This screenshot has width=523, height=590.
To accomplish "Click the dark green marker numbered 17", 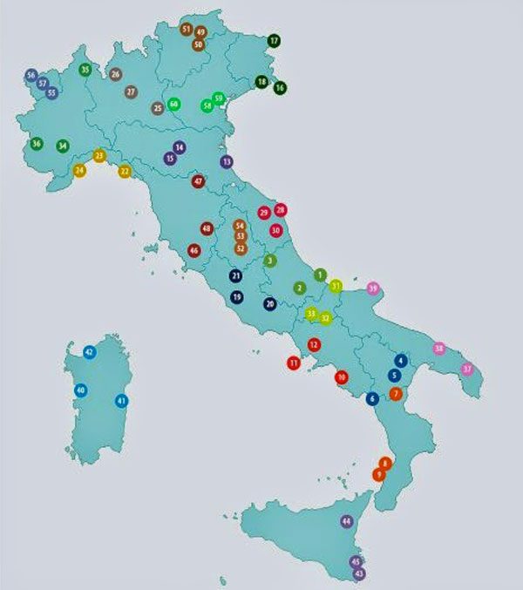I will pyautogui.click(x=274, y=40).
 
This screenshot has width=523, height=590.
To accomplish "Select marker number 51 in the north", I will pyautogui.click(x=186, y=29).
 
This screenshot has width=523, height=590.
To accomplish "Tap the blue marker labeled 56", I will pyautogui.click(x=31, y=75).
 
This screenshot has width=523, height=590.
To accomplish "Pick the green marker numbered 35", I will pyautogui.click(x=85, y=70).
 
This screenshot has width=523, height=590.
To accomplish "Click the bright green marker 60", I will pyautogui.click(x=173, y=104).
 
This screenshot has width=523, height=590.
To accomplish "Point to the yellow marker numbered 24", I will pyautogui.click(x=80, y=170).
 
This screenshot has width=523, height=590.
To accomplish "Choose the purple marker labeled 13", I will pyautogui.click(x=227, y=161).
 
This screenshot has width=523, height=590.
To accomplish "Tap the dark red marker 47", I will pyautogui.click(x=199, y=181).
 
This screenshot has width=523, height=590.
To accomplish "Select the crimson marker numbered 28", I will pyautogui.click(x=281, y=209).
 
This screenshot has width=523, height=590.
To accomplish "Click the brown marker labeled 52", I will pyautogui.click(x=241, y=248).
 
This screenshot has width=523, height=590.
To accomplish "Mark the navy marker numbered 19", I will pyautogui.click(x=237, y=297).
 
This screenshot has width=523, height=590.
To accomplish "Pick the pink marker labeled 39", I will pyautogui.click(x=373, y=288).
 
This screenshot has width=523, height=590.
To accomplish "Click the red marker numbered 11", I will pyautogui.click(x=294, y=363).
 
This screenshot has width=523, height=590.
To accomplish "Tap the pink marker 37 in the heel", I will pyautogui.click(x=467, y=369).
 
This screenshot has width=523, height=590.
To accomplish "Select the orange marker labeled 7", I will pyautogui.click(x=397, y=394).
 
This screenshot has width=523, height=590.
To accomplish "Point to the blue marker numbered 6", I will pyautogui.click(x=372, y=398).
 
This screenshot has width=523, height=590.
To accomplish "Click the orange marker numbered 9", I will pyautogui.click(x=378, y=475).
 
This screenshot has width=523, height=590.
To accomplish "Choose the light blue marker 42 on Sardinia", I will pyautogui.click(x=89, y=351).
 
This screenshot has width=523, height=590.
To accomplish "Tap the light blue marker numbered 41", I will pyautogui.click(x=122, y=401).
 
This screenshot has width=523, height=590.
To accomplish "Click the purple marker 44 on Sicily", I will pyautogui.click(x=346, y=521).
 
